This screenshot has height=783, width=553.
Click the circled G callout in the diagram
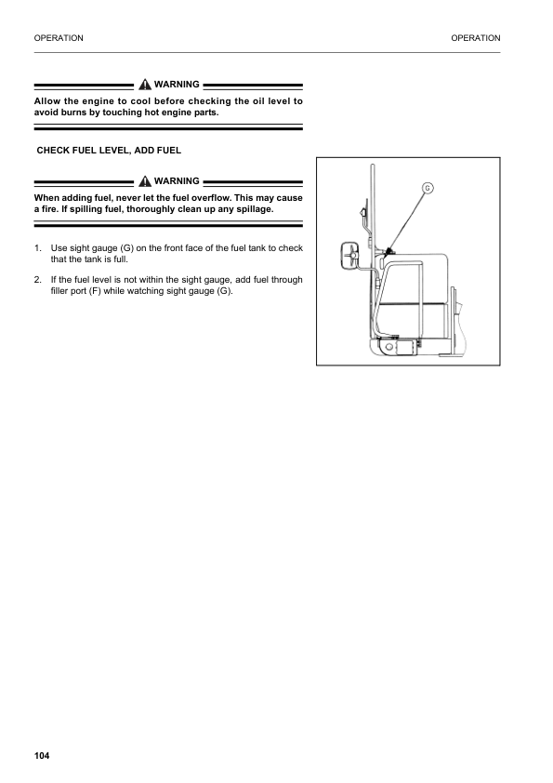coord(428,189)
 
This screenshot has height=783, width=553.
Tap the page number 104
coord(40,755)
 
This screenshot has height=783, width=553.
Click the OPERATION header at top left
coord(58,38)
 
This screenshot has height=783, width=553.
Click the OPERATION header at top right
coord(475,38)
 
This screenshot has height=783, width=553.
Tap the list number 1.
coord(37,248)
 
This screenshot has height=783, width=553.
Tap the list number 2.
coord(37,280)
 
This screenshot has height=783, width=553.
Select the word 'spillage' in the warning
coord(251,208)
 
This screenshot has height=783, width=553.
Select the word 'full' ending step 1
coord(120,259)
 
